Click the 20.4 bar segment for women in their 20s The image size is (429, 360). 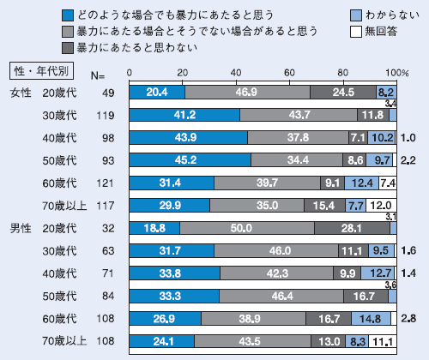click(x=156, y=91)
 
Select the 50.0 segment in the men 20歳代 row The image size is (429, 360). click(x=246, y=227)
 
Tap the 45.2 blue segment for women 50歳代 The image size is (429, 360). click(x=189, y=159)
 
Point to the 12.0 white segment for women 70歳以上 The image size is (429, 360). click(x=381, y=205)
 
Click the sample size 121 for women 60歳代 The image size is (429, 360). click(x=102, y=182)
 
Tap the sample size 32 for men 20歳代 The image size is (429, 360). click(x=106, y=227)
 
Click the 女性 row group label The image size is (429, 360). click(x=18, y=91)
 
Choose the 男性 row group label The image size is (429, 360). click(x=18, y=227)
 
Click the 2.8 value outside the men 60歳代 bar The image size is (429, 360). click(x=408, y=318)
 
